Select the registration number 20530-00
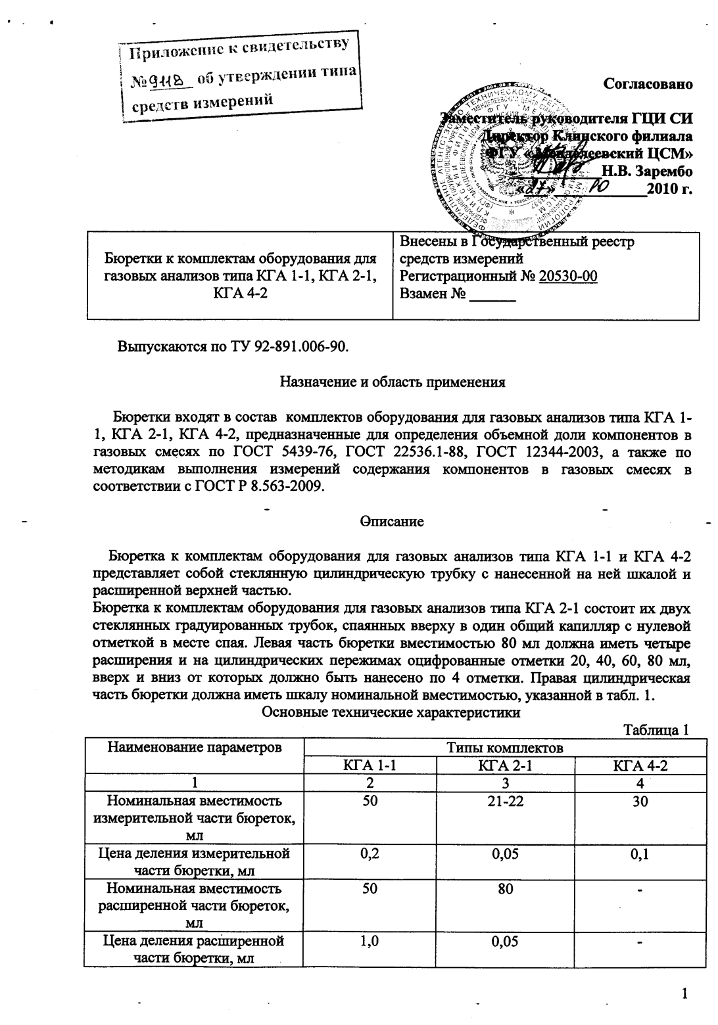pos(568,276)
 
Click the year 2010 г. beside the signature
pos(670,191)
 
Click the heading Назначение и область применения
pos(393,382)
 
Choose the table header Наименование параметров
pos(194,747)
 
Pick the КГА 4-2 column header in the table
pos(640,765)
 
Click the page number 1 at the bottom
pos(684,993)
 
